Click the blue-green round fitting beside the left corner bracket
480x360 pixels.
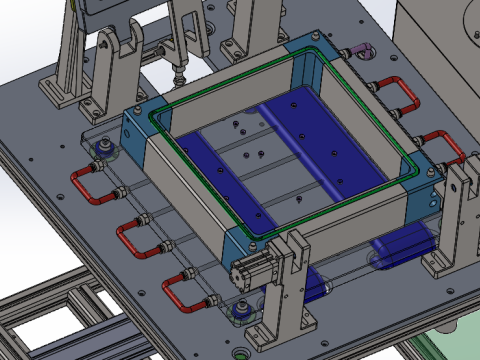tap(101, 150)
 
